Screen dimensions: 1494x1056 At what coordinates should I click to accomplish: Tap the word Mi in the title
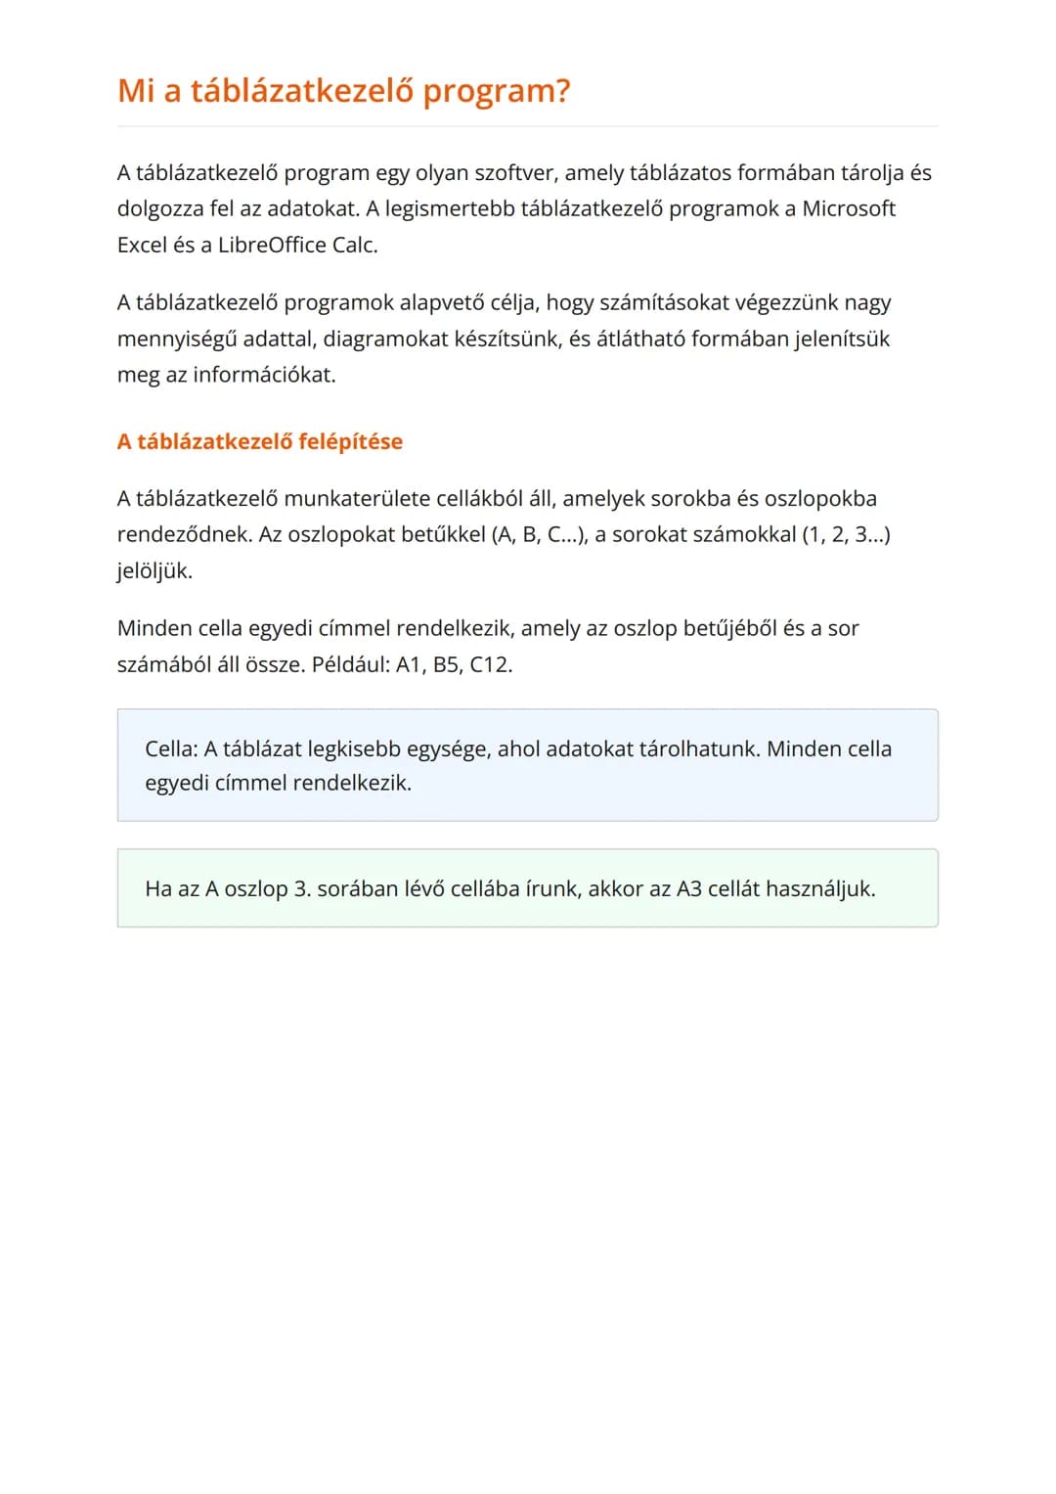coord(136,91)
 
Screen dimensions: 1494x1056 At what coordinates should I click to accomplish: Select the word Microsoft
coord(849,208)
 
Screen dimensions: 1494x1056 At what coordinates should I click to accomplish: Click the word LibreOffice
coord(272,245)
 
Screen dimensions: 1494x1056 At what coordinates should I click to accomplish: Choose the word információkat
coord(264,375)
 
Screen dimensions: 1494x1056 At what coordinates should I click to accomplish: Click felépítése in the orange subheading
coord(350,441)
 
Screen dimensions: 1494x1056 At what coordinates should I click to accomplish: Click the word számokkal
coord(749,534)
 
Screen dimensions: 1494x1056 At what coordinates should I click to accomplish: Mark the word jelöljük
coord(154,571)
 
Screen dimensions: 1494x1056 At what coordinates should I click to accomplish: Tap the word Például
coord(350,664)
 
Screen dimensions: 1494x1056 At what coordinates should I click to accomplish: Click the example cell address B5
coord(446,664)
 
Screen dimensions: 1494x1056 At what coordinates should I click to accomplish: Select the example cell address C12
coord(490,664)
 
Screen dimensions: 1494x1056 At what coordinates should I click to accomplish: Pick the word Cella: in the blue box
coord(171,748)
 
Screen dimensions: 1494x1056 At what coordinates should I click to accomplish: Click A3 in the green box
coord(688,888)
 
